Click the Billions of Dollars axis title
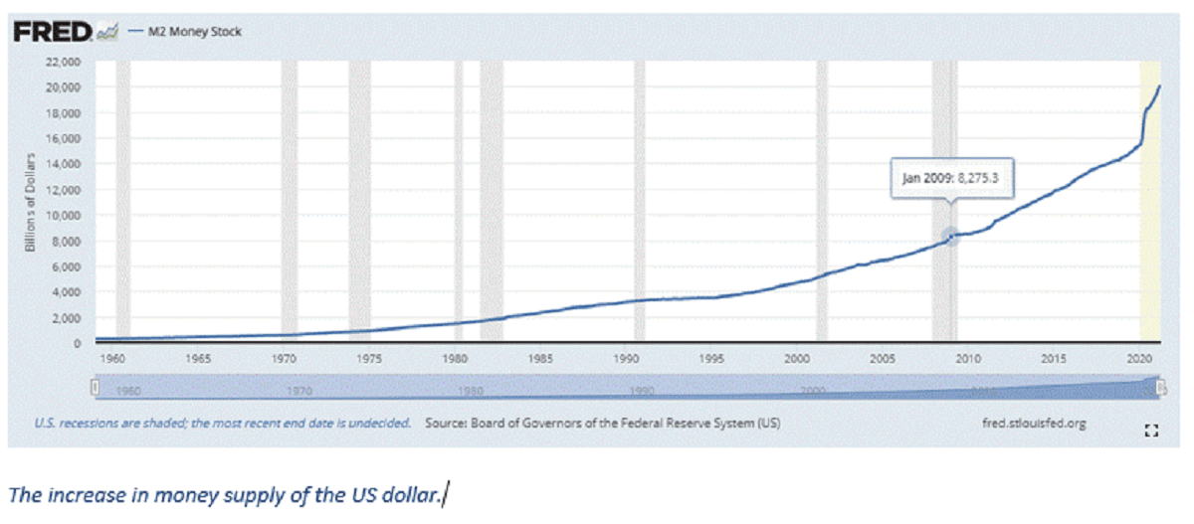(x=32, y=202)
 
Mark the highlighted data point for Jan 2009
(x=950, y=236)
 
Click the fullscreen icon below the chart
(x=1152, y=431)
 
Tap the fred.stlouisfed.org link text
(x=1033, y=424)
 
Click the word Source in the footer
(x=447, y=424)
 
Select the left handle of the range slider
(x=96, y=386)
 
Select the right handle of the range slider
(x=1160, y=386)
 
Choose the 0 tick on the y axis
(x=76, y=343)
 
